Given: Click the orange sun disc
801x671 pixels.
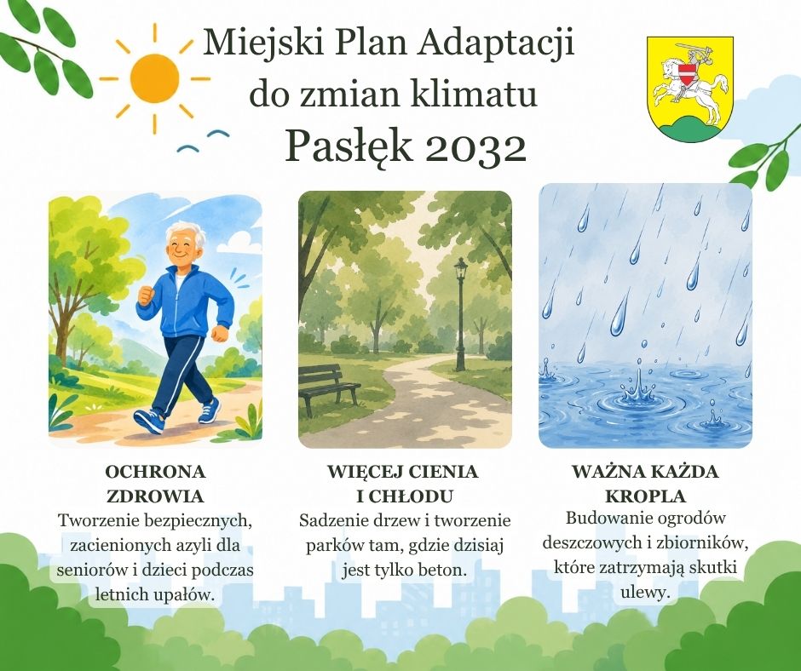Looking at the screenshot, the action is tap(154, 78).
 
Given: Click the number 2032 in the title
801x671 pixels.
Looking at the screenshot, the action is tap(475, 147).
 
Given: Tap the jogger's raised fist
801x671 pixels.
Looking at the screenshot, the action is tap(146, 295).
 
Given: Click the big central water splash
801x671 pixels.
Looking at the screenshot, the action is tap(638, 389).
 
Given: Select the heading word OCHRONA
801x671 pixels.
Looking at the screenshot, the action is tap(155, 472).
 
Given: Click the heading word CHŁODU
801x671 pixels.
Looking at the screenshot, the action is tap(412, 496).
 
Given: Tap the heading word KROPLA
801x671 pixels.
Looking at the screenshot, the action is tap(645, 496).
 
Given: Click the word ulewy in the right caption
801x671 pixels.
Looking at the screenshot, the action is tap(645, 593).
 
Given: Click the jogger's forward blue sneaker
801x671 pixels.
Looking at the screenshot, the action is tap(149, 421).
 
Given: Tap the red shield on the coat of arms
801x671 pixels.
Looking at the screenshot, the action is tap(690, 72).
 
